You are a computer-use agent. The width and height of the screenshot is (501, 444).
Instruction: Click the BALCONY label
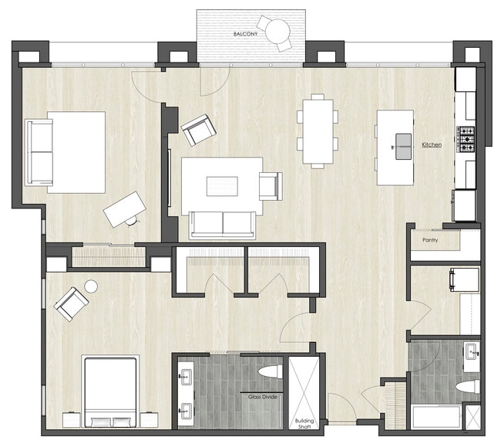click(x=246, y=35)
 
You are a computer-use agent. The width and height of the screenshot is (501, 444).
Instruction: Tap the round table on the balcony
click(x=277, y=31)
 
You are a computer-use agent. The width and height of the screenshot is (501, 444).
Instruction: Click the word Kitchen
click(x=431, y=144)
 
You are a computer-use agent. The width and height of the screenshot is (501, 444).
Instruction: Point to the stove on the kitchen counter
click(x=467, y=140)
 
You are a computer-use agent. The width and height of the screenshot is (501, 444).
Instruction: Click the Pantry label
click(x=430, y=240)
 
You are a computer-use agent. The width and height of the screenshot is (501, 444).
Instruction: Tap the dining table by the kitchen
click(x=318, y=130)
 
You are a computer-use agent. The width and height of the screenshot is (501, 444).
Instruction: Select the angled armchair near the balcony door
click(x=198, y=129)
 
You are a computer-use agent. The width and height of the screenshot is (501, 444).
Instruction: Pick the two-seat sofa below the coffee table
click(x=223, y=225)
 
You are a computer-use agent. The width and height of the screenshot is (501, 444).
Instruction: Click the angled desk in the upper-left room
click(x=124, y=208)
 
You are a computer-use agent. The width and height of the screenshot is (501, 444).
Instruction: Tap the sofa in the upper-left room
click(x=39, y=152)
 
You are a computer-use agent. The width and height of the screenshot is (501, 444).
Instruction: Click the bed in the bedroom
click(x=110, y=391)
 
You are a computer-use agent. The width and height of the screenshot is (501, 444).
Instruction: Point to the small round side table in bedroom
click(x=91, y=286)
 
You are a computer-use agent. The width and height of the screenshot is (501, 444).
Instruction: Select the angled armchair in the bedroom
click(x=71, y=303)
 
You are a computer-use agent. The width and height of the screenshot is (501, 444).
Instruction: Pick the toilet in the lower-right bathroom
click(x=467, y=386)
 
